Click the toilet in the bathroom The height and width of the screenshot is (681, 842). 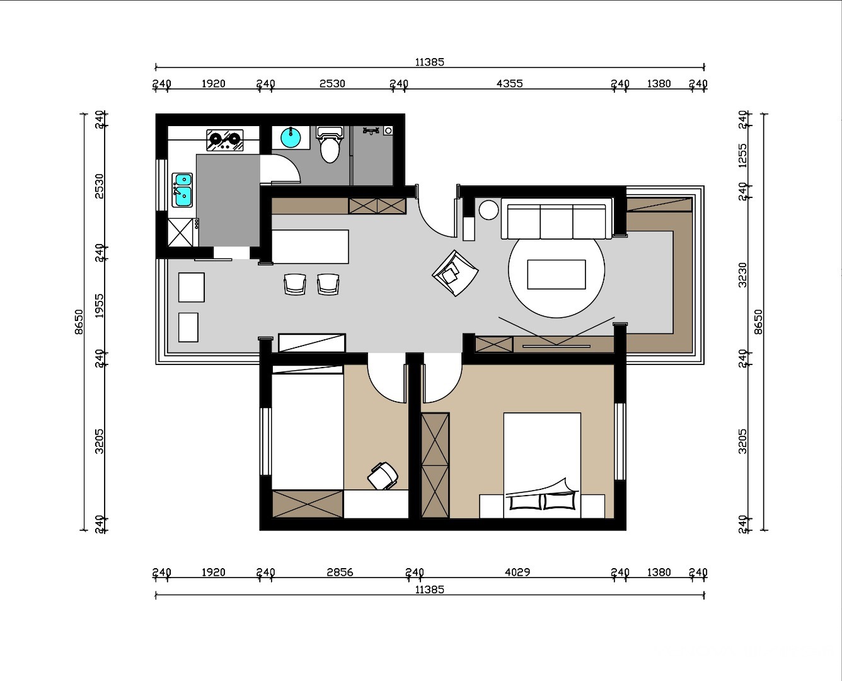click(x=330, y=145)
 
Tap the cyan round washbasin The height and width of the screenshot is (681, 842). click(x=291, y=137)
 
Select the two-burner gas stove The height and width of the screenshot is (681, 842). click(x=224, y=140)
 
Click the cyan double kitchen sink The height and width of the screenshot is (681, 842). click(x=182, y=190)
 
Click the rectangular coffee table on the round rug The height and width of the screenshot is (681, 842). click(x=557, y=274)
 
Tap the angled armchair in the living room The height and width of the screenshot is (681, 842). click(x=456, y=273)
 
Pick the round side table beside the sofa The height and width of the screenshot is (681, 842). click(x=488, y=209)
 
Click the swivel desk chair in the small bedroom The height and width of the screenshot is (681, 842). click(x=383, y=475)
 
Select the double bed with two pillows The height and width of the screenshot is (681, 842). click(x=542, y=465)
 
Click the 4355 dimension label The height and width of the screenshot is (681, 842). click(x=509, y=83)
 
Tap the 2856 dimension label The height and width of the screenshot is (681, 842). click(x=340, y=573)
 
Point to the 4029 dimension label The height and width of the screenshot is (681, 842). click(x=517, y=572)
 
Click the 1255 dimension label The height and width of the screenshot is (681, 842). click(x=743, y=155)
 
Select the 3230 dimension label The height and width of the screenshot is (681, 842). click(x=743, y=275)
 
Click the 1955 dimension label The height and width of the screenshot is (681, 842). click(x=99, y=305)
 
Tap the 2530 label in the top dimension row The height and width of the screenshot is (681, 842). click(x=332, y=83)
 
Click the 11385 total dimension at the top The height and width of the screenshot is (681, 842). click(x=430, y=62)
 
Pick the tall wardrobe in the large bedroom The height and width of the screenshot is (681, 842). click(x=435, y=465)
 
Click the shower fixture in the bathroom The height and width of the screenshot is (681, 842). click(x=371, y=131)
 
